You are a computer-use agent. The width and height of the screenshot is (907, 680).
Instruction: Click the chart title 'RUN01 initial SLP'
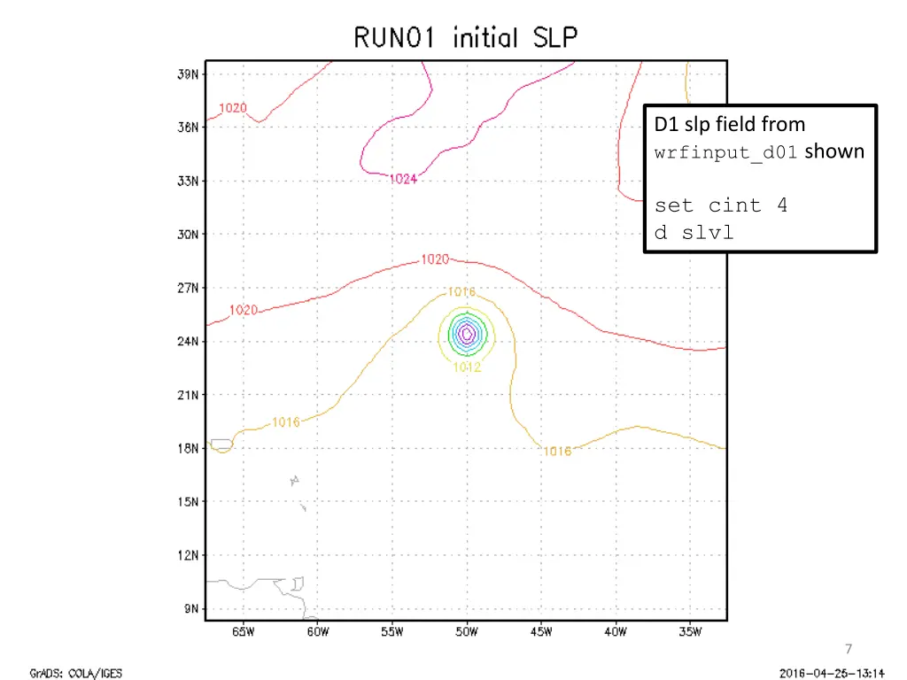pos(466,39)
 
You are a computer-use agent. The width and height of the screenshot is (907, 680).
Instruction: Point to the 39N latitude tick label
pos(189,73)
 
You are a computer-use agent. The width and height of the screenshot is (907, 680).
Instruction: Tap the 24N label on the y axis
pos(189,341)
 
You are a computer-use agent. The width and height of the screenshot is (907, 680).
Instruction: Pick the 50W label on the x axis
pos(467,632)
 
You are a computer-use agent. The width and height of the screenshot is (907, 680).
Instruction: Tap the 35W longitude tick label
pos(690,632)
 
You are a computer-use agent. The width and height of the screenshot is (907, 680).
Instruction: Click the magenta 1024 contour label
pos(403,179)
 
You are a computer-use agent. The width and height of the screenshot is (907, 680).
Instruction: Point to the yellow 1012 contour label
pos(467,367)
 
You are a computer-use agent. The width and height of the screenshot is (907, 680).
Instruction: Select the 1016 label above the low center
pos(461,291)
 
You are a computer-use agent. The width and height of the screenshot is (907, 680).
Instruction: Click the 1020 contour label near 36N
pos(233,108)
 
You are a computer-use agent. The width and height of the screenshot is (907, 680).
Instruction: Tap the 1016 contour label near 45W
pos(557,452)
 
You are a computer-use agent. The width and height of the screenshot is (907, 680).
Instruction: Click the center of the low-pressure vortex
pos(466,334)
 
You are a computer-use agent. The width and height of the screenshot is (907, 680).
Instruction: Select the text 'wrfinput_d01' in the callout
pos(727,152)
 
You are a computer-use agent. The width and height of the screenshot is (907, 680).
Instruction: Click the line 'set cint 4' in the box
pos(720,205)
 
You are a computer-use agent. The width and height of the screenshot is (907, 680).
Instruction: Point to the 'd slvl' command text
pos(694,233)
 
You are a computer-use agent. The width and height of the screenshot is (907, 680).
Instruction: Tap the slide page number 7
pos(849,648)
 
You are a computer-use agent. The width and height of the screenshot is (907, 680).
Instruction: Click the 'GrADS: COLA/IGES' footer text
pos(76,673)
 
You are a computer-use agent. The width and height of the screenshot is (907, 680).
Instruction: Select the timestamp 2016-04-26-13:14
pos(832,673)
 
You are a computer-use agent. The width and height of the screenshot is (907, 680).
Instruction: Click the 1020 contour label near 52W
pos(434,259)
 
